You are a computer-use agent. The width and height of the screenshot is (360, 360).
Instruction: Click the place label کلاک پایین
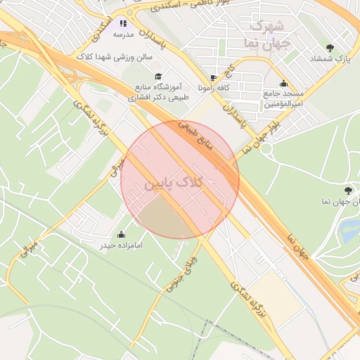[x=174, y=183]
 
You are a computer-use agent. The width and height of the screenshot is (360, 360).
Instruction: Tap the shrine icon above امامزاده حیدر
[x=122, y=234]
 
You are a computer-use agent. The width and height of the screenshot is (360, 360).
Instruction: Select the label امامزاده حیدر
[x=122, y=246]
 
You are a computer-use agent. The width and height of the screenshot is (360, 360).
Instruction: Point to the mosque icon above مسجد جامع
[x=283, y=83]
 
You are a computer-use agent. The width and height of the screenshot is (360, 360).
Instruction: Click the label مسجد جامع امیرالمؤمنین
[x=283, y=98]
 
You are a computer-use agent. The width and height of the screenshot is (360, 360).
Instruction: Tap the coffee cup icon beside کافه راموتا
[x=213, y=77]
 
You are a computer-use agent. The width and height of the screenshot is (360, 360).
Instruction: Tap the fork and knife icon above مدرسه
[x=124, y=23]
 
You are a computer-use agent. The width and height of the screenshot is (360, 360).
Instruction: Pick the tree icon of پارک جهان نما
[x=348, y=191]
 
